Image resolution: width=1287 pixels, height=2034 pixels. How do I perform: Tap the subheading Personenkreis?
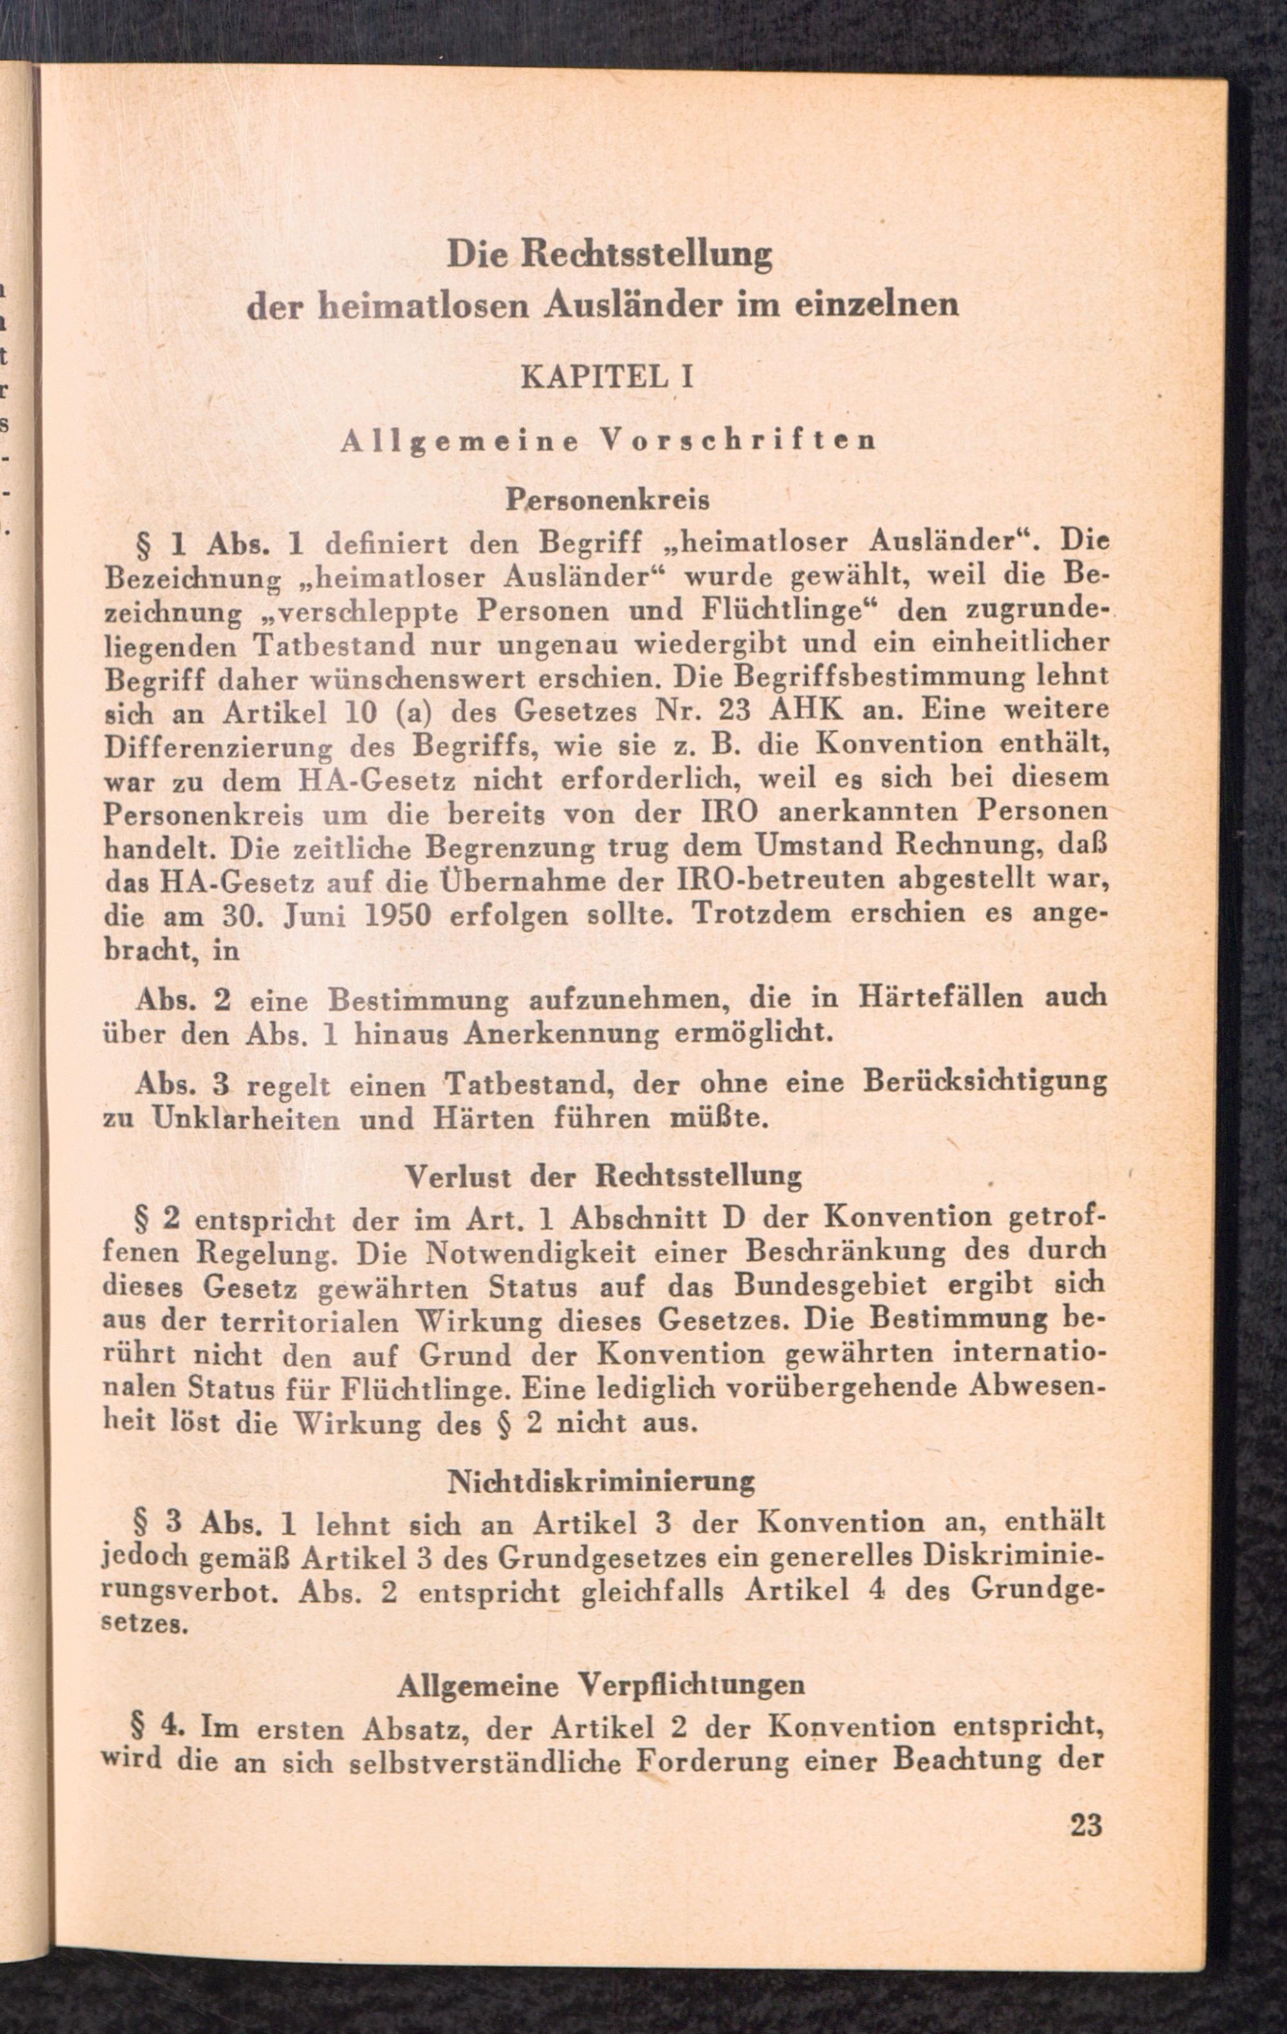[x=607, y=500]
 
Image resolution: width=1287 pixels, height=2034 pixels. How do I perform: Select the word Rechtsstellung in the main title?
[x=646, y=254]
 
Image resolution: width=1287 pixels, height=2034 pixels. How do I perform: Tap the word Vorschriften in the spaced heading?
[x=736, y=440]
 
